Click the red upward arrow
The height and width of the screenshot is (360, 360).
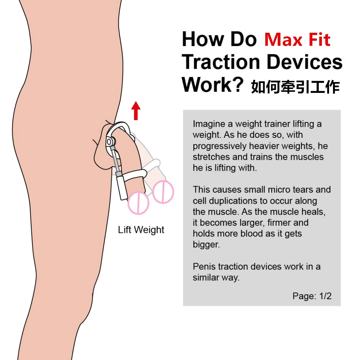pos(136,111)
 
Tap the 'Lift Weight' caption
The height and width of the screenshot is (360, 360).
pos(141,230)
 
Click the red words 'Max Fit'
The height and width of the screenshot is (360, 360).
pos(297,40)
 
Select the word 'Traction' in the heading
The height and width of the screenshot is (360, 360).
pos(221,62)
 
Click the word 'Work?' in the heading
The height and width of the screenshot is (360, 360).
pos(212,85)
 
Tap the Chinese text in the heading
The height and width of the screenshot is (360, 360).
pos(296,87)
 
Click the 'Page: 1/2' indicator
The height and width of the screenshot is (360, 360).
pos(312,296)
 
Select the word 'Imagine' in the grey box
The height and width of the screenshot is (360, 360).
pos(209,124)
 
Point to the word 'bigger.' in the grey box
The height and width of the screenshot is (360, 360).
pos(206,244)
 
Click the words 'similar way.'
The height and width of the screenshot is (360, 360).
pos(216,278)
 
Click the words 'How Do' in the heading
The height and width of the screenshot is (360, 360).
pos(219,40)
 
